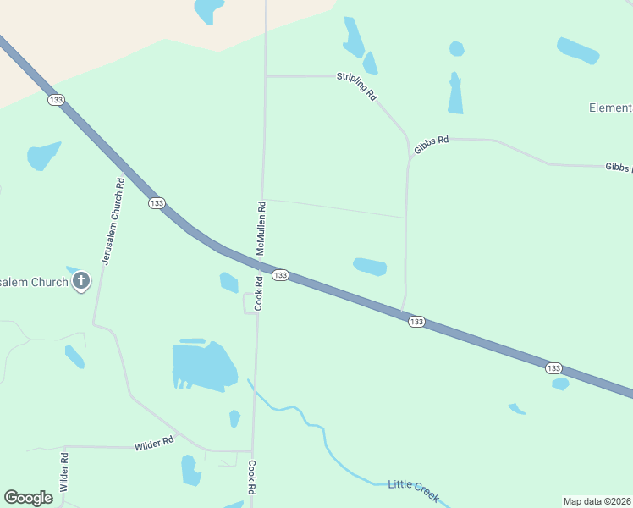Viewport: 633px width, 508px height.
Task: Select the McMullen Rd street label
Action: pos(262,228)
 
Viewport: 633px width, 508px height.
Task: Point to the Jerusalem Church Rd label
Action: pos(113,220)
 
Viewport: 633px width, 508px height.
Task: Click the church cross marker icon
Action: pos(81,281)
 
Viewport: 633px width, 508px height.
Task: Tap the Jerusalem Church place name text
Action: pos(34,282)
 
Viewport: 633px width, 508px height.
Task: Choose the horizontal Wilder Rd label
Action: pos(153,442)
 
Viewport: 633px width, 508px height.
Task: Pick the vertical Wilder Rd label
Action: pos(64,472)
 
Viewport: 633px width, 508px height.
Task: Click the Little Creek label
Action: pos(413,489)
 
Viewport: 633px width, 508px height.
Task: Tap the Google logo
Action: pos(29,498)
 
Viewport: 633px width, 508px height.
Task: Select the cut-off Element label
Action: pos(610,108)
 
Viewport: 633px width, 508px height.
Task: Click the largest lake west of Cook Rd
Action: pos(203,366)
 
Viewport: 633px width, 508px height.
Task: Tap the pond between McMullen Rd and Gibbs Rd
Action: pos(370,267)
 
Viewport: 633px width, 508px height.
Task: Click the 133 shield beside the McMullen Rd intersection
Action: pos(281,275)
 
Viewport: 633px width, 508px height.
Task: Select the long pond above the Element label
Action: pos(578,50)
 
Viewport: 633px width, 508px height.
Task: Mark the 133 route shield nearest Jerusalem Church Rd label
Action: pos(156,203)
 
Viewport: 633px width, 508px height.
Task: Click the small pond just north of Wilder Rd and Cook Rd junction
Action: pos(234,418)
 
